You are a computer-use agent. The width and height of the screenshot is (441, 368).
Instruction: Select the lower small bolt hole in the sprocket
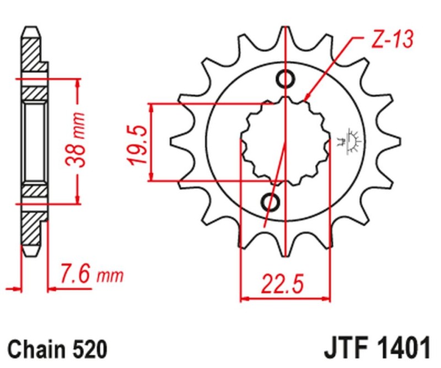coord(272,202)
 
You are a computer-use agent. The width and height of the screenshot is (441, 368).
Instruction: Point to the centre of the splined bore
coord(286,142)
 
